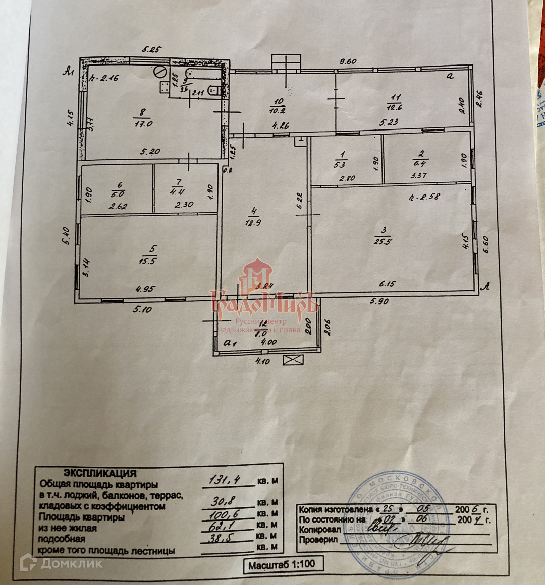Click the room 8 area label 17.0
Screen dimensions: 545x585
click(x=143, y=123)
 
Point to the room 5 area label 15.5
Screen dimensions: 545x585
click(x=149, y=261)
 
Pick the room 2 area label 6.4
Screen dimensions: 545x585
click(x=419, y=163)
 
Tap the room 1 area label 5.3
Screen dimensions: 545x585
click(x=343, y=163)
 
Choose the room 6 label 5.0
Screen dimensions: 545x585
click(x=117, y=193)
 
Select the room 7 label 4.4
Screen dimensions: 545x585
click(x=177, y=191)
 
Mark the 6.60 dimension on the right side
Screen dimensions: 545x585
click(x=486, y=245)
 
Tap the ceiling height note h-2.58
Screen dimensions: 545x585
click(x=424, y=197)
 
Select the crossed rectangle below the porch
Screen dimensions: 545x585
click(x=293, y=360)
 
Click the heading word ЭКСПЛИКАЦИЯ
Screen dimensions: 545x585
click(x=99, y=473)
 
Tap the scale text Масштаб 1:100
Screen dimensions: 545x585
click(x=281, y=565)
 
